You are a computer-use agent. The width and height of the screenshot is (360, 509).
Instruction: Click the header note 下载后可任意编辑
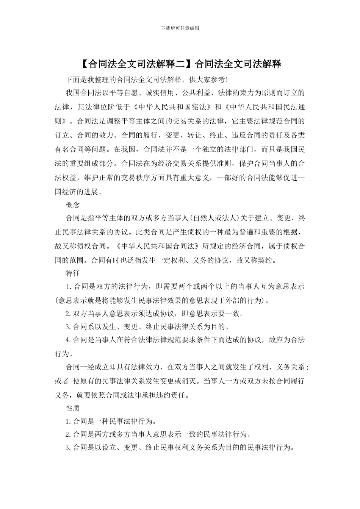click(180, 28)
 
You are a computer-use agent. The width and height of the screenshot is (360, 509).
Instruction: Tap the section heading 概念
click(72, 205)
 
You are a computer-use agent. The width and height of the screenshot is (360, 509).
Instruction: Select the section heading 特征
click(72, 273)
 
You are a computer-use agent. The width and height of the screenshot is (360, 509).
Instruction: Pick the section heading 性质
click(72, 408)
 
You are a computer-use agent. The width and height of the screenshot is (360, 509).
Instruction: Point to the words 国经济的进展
click(78, 192)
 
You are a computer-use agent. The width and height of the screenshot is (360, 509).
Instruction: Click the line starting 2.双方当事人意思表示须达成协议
click(154, 314)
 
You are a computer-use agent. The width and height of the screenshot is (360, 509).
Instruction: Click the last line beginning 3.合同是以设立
click(180, 448)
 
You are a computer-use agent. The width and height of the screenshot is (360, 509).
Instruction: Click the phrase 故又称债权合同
click(81, 246)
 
